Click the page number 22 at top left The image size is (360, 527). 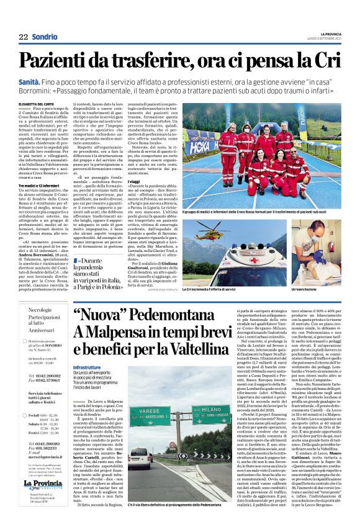(x=24, y=37)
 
